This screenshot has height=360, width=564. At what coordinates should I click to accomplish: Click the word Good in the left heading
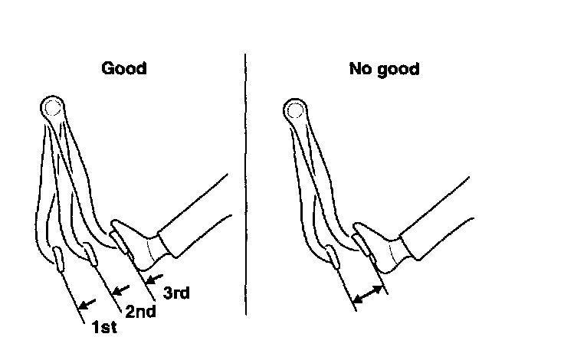tap(124, 69)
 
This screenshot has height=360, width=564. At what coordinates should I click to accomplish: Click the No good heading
tap(384, 69)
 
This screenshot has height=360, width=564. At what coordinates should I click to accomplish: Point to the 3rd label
tap(176, 292)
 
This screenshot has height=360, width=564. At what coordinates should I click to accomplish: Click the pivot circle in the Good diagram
tap(51, 108)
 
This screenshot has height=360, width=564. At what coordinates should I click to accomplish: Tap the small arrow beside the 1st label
tap(90, 303)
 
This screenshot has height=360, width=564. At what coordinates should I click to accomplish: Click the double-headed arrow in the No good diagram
tap(369, 295)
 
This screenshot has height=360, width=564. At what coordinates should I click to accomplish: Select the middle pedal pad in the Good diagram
tap(90, 253)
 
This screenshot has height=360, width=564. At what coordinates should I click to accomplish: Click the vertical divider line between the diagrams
tap(246, 184)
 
